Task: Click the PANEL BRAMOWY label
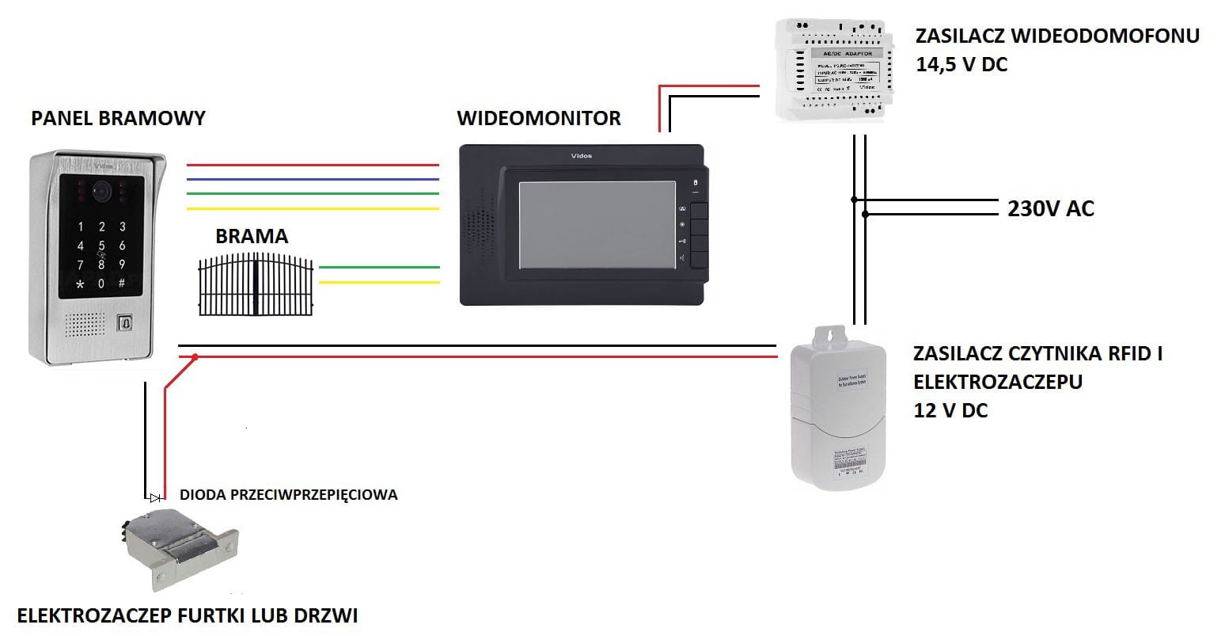118,119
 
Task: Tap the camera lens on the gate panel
101,190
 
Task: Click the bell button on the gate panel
124,323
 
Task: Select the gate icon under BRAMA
255,284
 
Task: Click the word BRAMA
252,236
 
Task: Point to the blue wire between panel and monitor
312,179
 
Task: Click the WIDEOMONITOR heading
538,119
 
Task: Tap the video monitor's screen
597,225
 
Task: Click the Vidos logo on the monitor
581,156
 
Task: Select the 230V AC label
1050,209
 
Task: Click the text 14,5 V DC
961,65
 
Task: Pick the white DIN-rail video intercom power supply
834,70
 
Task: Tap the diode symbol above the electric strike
155,498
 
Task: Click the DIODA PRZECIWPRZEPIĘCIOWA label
288,495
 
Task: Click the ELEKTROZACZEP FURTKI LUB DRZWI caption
188,615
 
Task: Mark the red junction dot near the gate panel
195,357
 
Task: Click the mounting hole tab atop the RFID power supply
829,336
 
